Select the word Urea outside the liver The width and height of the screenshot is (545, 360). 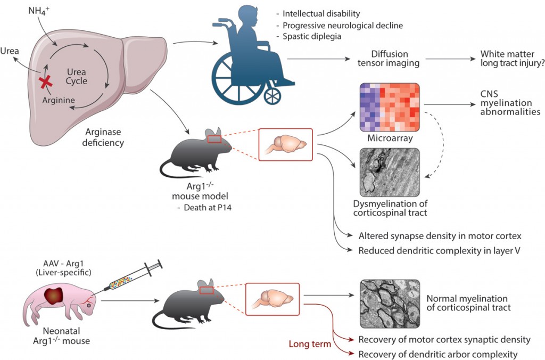(x=11, y=51)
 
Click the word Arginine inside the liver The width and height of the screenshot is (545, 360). (x=59, y=100)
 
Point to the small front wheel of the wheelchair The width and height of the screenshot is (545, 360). (x=272, y=95)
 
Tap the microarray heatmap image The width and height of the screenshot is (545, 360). (x=390, y=107)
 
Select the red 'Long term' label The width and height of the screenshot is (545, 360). (x=310, y=344)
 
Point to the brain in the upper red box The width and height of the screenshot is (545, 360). (x=288, y=144)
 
